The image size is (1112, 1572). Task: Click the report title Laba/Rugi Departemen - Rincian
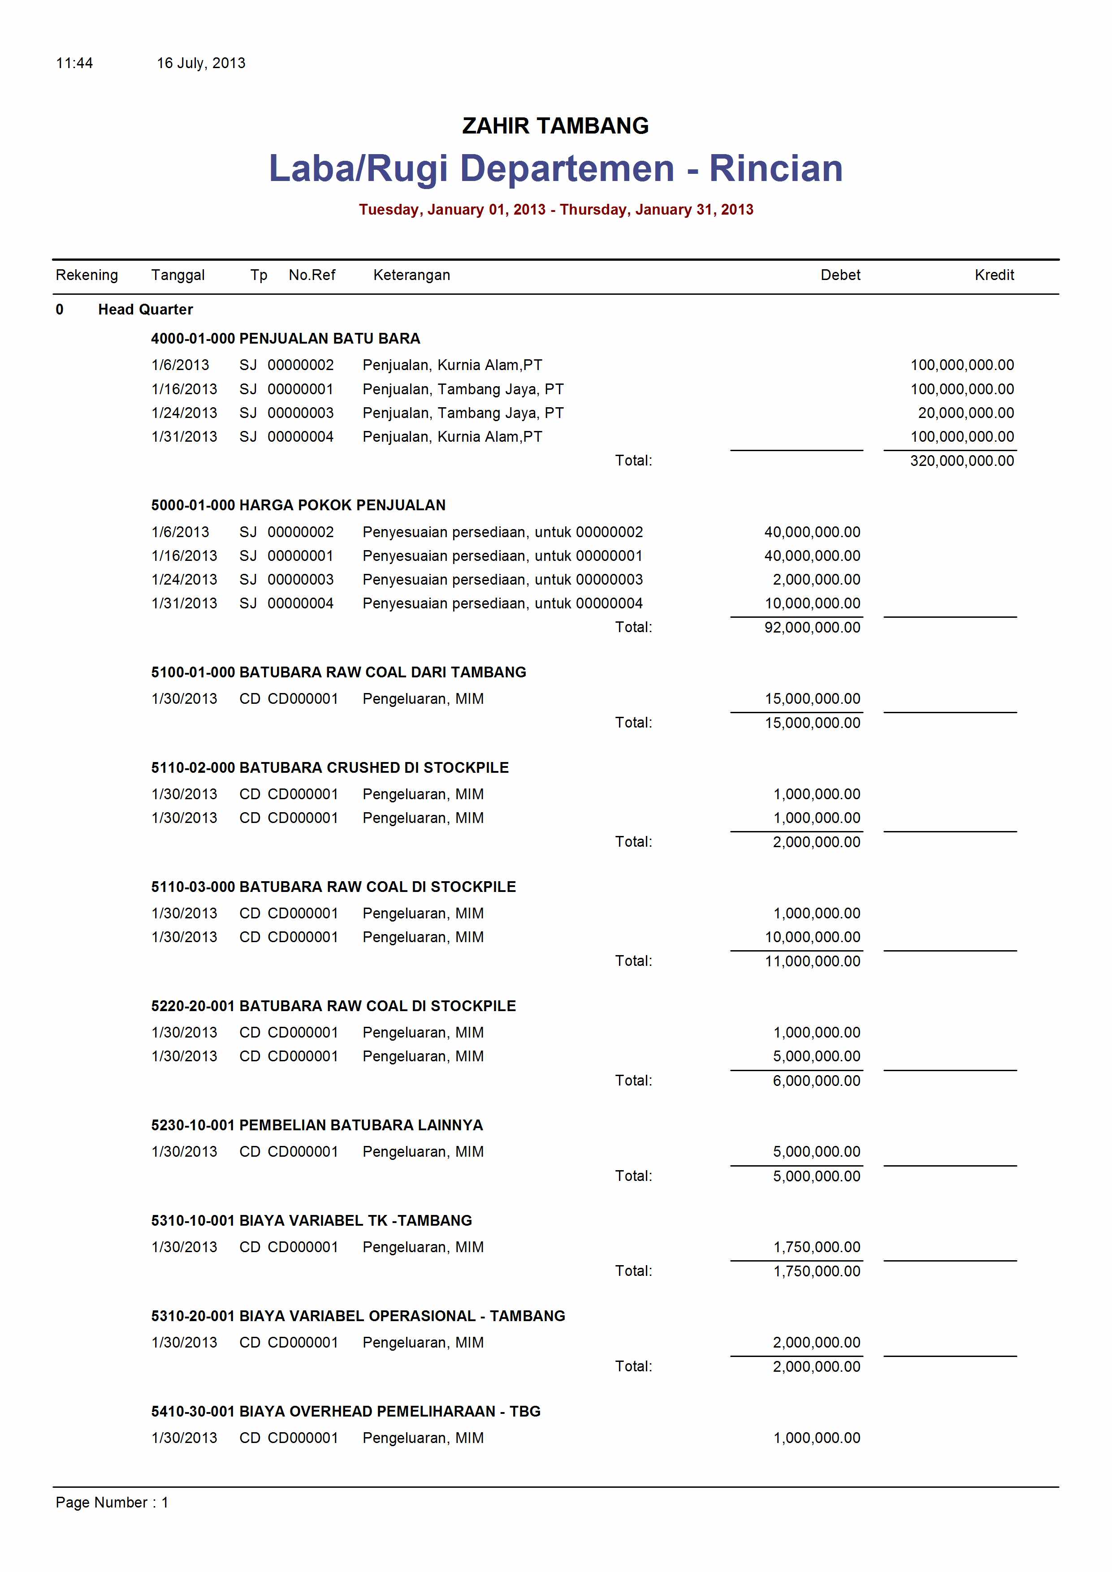coord(555,168)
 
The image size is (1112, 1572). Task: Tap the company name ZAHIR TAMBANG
coord(555,126)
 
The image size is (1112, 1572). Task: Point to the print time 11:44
coord(74,63)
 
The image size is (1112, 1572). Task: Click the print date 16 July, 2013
coord(201,63)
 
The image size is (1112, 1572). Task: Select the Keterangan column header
coord(411,275)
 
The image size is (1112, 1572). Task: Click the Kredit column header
coord(994,275)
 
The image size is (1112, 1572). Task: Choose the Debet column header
coord(840,275)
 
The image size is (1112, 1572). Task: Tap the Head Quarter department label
coord(145,310)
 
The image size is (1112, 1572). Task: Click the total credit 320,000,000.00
coord(961,461)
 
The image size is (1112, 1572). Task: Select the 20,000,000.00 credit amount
coord(965,413)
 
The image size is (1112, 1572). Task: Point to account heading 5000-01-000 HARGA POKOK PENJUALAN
coord(298,505)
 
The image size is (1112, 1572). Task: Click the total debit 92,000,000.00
coord(812,627)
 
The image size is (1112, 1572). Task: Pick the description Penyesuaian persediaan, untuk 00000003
coord(502,580)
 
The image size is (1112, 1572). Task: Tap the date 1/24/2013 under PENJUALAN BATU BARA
coord(184,413)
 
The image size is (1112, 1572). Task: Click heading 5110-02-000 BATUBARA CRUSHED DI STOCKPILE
coord(329,767)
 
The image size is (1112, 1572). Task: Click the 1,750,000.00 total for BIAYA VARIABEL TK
coord(816,1271)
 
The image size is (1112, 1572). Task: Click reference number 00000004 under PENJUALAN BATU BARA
coord(300,437)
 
